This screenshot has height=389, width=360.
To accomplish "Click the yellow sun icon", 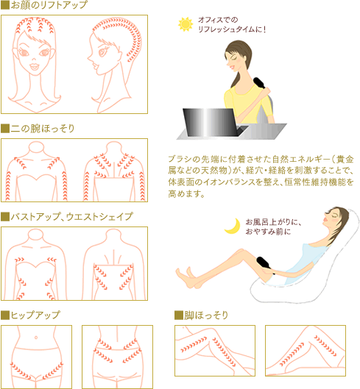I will pos(185,25).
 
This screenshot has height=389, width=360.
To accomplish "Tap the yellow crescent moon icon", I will pos(232,225).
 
